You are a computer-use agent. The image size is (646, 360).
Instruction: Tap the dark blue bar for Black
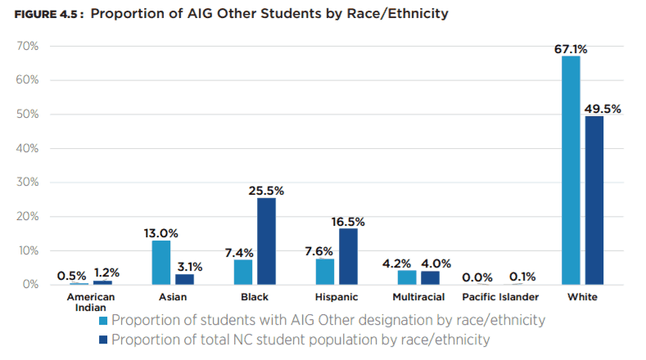pyautogui.click(x=265, y=241)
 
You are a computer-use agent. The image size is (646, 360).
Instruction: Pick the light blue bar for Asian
pyautogui.click(x=160, y=262)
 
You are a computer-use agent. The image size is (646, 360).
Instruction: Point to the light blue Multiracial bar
pyautogui.click(x=407, y=277)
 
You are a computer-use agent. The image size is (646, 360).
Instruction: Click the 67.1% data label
pyautogui.click(x=571, y=50)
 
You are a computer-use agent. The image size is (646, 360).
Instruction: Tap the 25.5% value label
pyautogui.click(x=266, y=191)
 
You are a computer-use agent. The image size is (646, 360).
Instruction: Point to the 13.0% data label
pyautogui.click(x=160, y=233)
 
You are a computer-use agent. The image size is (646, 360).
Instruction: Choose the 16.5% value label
pyautogui.click(x=347, y=222)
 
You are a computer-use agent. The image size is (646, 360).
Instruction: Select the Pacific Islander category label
pyautogui.click(x=500, y=297)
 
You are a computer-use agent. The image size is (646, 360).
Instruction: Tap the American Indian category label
pyautogui.click(x=91, y=302)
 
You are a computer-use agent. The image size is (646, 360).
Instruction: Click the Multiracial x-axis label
pyautogui.click(x=418, y=297)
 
